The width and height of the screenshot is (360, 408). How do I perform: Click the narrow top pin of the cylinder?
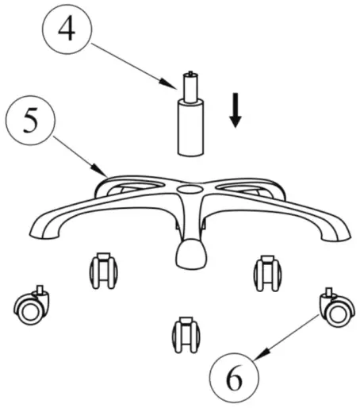(191, 83)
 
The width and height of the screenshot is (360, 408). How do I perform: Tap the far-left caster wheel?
(33, 308)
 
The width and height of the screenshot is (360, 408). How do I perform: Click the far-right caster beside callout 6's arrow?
(335, 308)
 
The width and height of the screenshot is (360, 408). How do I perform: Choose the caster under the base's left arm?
(104, 272)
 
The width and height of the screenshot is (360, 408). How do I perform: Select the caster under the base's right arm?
(267, 274)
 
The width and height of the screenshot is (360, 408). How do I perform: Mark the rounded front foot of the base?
(191, 255)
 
